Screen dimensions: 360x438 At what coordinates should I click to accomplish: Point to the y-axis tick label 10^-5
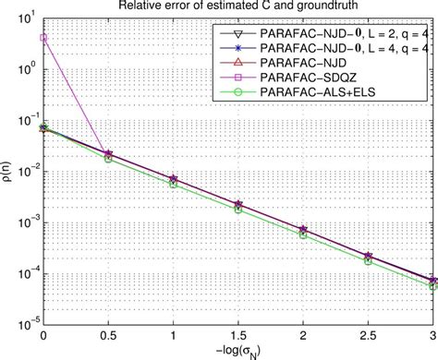[x=28, y=318]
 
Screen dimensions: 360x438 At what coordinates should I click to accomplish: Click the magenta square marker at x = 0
[x=44, y=39]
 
